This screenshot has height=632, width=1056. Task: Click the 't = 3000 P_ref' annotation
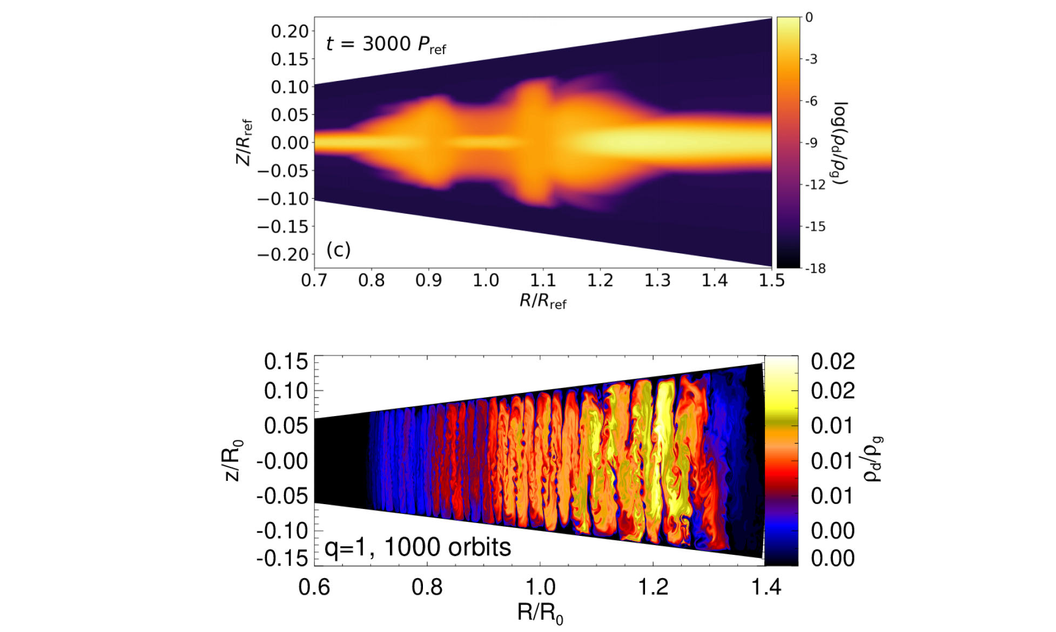coord(386,44)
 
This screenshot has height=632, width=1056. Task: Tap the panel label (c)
coord(339,249)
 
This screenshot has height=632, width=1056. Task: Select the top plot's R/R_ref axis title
coord(542,301)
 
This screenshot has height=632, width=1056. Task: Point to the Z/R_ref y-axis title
coord(245,142)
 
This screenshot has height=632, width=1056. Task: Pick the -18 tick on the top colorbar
coord(816,268)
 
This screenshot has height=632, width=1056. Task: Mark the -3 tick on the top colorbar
coord(812,59)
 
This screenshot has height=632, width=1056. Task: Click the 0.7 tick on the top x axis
coord(314,281)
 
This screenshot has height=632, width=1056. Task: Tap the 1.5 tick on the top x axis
coord(771,281)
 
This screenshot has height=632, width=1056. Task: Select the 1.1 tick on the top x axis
coord(543,281)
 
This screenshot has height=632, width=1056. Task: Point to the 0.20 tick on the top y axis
coord(290,31)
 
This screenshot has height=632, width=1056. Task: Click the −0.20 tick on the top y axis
coord(284,254)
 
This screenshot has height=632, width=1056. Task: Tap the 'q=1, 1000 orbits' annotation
coord(418,547)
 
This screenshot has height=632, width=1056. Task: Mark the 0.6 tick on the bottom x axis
coord(314,587)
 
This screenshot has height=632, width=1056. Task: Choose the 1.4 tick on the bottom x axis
coord(766,587)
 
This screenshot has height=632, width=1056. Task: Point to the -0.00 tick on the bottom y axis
coord(281,461)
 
